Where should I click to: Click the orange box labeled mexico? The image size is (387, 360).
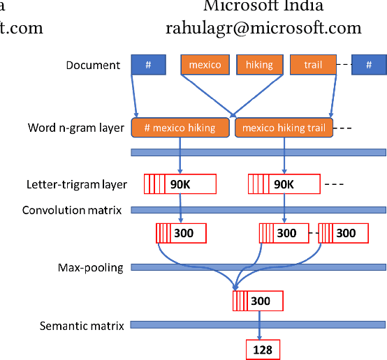(x=205, y=65)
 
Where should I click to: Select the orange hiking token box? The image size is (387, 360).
(x=260, y=65)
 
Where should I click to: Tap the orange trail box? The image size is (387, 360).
(x=314, y=65)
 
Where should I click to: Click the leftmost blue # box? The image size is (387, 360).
(x=148, y=65)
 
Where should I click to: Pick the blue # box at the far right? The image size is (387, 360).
(x=368, y=65)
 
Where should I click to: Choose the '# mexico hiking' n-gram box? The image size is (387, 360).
(x=180, y=128)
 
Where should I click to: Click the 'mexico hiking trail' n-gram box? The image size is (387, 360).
(x=284, y=128)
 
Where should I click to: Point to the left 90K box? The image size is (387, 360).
(x=180, y=184)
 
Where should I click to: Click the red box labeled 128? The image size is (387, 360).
(x=263, y=349)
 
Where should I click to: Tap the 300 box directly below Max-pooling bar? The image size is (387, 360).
(x=258, y=301)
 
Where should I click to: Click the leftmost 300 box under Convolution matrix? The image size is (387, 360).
(x=181, y=233)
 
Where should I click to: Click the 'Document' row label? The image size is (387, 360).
(x=94, y=66)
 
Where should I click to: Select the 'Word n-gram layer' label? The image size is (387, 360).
(x=76, y=128)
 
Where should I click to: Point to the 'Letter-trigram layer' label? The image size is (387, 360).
(x=77, y=185)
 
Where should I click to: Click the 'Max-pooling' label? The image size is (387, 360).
(x=91, y=267)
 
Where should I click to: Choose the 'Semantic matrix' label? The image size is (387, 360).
(x=82, y=325)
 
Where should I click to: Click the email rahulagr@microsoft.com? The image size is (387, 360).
(x=263, y=28)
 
